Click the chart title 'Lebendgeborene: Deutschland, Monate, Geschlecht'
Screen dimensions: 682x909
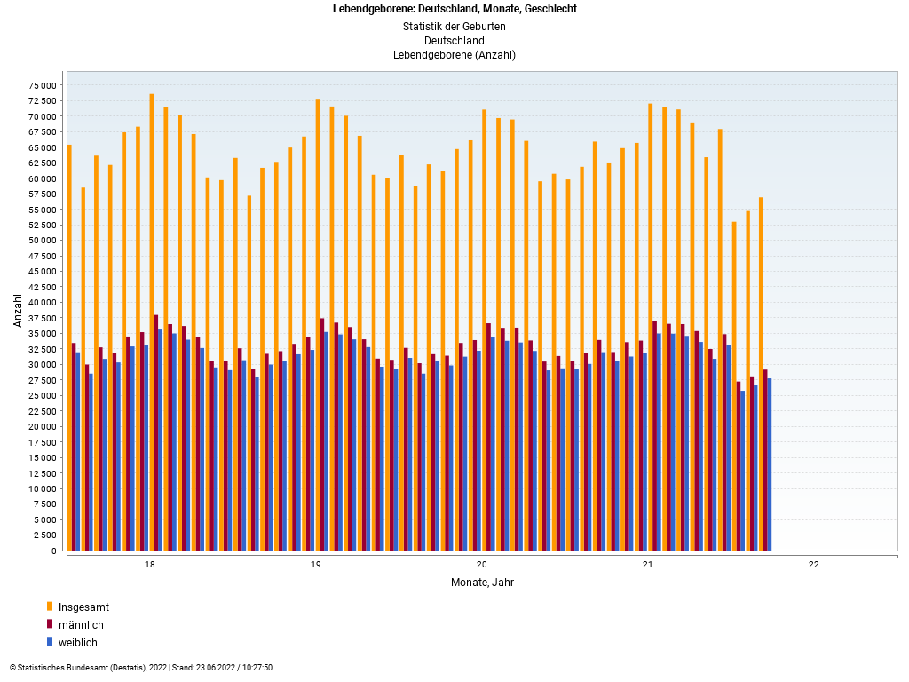pyautogui.click(x=454, y=9)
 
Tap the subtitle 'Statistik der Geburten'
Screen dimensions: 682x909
pyautogui.click(x=454, y=27)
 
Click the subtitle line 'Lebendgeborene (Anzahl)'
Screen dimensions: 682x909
pyautogui.click(x=454, y=55)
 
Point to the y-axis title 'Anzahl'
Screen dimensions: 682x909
pyautogui.click(x=17, y=310)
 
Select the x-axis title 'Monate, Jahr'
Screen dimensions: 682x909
pyautogui.click(x=482, y=583)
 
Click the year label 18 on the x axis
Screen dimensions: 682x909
pyautogui.click(x=149, y=565)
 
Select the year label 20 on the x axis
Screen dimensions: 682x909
pyautogui.click(x=482, y=565)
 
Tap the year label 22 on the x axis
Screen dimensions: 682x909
pyautogui.click(x=814, y=565)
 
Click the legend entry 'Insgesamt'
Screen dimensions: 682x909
pyautogui.click(x=83, y=607)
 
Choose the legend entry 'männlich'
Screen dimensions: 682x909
pyautogui.click(x=81, y=625)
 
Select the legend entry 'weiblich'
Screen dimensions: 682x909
pyautogui.click(x=78, y=643)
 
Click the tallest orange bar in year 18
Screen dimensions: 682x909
pyautogui.click(x=152, y=320)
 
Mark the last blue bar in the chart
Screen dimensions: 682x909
pyautogui.click(x=770, y=464)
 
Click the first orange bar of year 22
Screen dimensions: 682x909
pyautogui.click(x=734, y=385)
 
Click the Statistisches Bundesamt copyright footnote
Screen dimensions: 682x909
pyautogui.click(x=141, y=668)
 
